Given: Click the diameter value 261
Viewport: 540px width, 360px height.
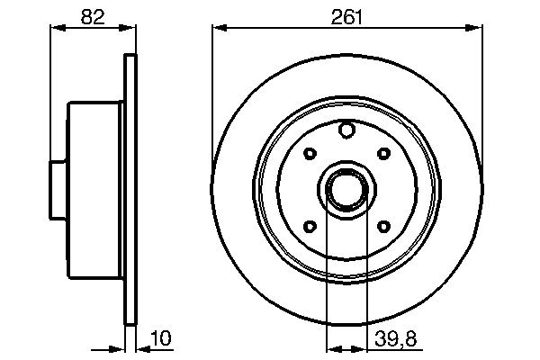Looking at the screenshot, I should click(x=346, y=16).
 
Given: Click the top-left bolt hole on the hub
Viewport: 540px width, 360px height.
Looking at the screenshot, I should click(x=310, y=154).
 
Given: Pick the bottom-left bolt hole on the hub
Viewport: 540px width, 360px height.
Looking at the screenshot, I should click(x=310, y=227).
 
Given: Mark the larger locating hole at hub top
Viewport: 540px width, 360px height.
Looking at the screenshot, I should click(x=346, y=131).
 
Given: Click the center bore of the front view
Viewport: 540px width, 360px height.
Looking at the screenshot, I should click(x=346, y=190).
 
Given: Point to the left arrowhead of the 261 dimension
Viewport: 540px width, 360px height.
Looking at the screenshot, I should click(x=217, y=28).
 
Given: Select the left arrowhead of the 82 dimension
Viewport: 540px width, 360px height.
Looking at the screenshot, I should click(x=53, y=28).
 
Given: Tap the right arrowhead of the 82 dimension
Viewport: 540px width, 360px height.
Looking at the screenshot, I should click(x=130, y=28).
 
